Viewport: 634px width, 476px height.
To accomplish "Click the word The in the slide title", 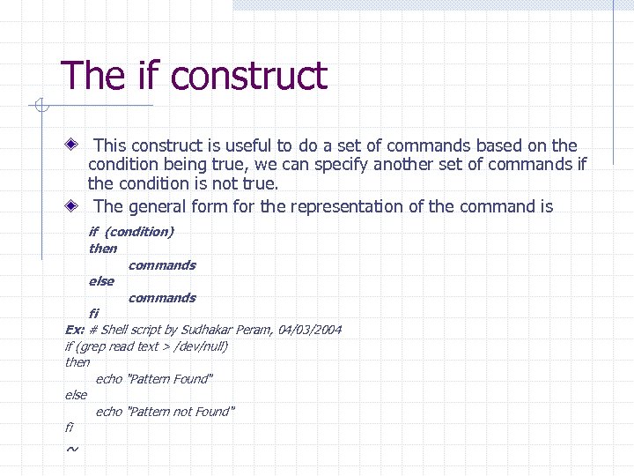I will (86, 76).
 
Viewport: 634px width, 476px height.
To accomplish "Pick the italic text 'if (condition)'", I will (131, 232).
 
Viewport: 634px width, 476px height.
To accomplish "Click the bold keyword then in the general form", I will (102, 249).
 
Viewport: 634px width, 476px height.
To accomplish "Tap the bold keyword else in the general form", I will (101, 281).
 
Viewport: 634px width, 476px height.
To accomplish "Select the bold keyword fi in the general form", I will (93, 313).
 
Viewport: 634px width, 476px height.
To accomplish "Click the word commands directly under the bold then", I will (162, 265).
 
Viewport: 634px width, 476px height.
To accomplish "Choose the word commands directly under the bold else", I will (162, 298).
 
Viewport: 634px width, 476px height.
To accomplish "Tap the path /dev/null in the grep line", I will (199, 346).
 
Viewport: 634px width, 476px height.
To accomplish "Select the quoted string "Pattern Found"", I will (170, 379).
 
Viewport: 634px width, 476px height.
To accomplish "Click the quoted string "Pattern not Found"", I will (181, 412).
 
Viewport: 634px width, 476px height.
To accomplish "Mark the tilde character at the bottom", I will (71, 450).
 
